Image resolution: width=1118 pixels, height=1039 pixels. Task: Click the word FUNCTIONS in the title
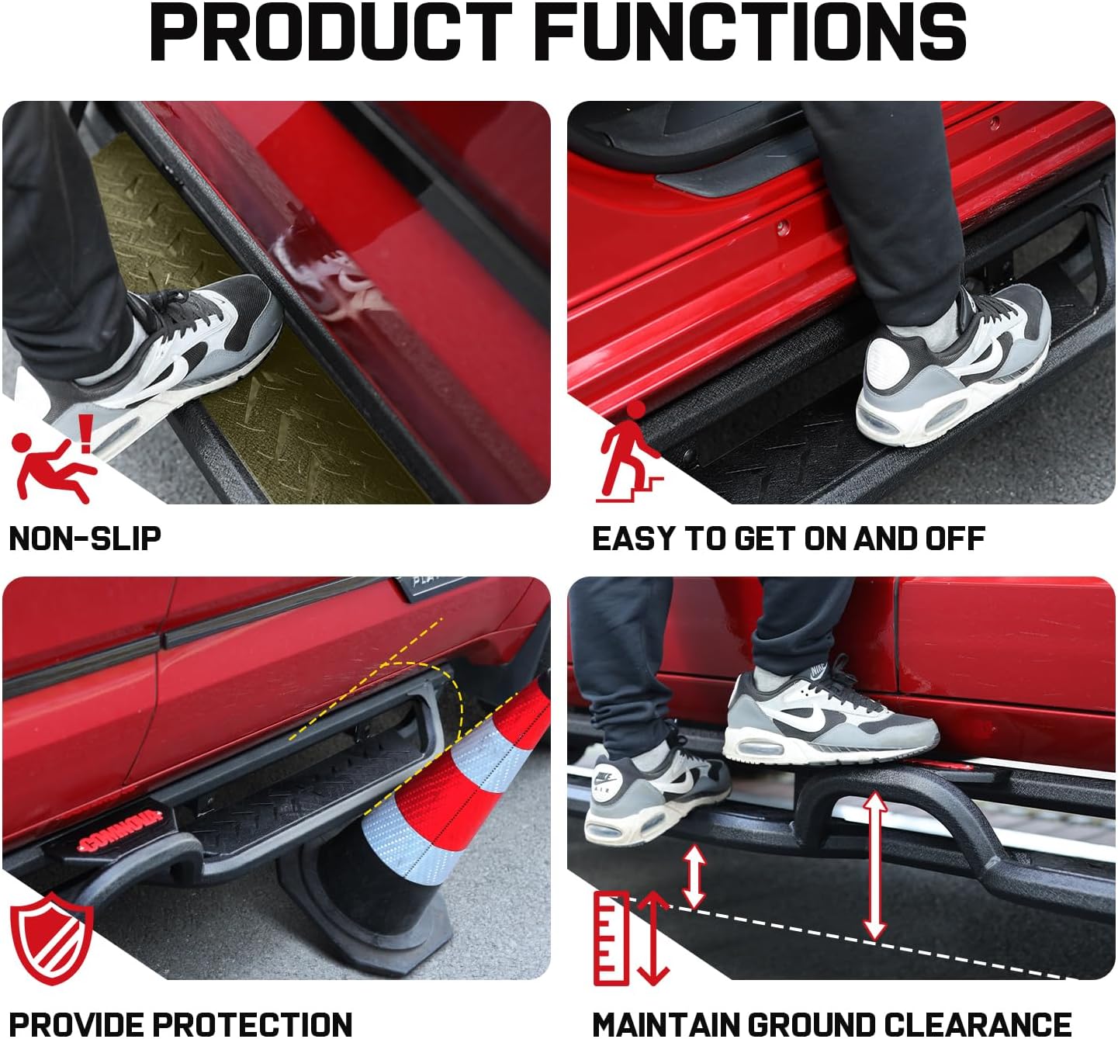click(x=750, y=33)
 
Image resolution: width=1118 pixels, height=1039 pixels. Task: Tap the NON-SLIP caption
click(x=85, y=539)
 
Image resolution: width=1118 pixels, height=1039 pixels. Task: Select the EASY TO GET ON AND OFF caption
click(x=787, y=539)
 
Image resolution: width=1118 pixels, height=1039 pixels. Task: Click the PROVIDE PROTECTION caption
click(x=180, y=1023)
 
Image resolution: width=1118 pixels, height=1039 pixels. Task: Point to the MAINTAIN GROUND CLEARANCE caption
click(x=831, y=1023)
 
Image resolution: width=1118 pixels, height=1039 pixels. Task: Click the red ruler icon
click(x=611, y=938)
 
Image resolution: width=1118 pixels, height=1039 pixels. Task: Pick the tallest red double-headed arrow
click(x=875, y=865)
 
